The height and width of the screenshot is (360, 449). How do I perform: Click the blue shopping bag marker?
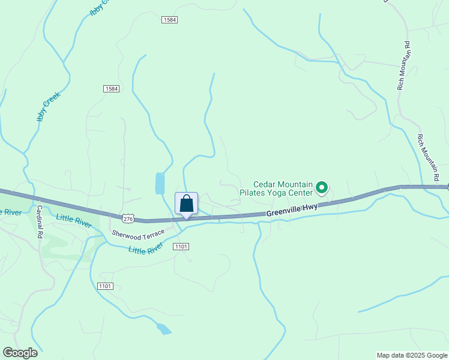click(x=186, y=204)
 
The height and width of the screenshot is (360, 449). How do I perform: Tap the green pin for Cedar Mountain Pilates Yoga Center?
click(x=322, y=188)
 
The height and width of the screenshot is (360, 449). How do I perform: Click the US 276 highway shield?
click(x=127, y=217)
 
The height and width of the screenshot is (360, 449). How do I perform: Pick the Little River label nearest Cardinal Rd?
click(x=74, y=220)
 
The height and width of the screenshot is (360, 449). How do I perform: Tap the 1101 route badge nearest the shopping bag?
click(x=181, y=247)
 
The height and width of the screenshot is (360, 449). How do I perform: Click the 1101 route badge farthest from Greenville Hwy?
click(x=104, y=286)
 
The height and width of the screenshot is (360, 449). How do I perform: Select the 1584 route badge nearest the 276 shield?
click(x=111, y=89)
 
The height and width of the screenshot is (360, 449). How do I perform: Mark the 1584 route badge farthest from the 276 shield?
click(x=169, y=20)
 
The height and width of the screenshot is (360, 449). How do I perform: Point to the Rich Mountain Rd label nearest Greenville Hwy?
click(x=429, y=157)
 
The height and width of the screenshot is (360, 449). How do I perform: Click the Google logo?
click(x=20, y=353)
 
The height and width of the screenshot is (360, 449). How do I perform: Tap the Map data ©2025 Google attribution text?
click(x=412, y=355)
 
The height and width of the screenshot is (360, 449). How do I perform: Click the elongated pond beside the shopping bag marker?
click(x=160, y=183)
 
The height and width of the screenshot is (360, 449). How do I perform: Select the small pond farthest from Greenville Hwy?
click(x=163, y=329)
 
